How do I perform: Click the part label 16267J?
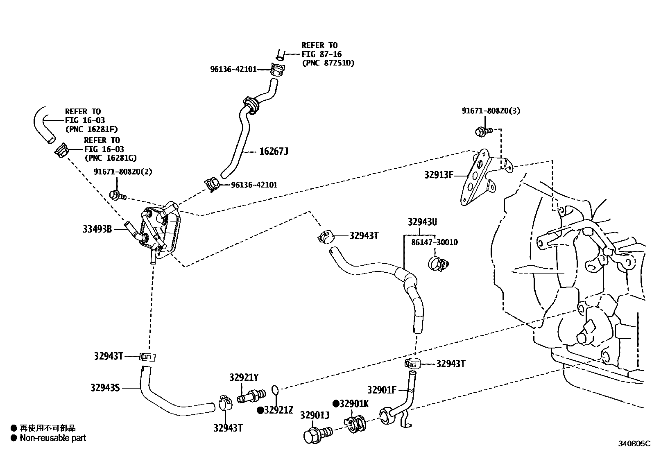(274, 152)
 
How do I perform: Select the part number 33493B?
(97, 229)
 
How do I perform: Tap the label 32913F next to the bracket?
(439, 175)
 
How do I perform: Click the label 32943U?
(422, 222)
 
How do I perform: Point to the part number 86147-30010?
(434, 242)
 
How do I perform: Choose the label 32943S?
(105, 387)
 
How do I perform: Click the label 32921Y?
(244, 378)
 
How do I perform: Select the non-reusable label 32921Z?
(278, 410)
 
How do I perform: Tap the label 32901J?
(315, 415)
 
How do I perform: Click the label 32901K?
(354, 404)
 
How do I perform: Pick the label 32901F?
(382, 390)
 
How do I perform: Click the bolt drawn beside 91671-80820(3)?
(482, 131)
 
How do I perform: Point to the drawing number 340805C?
(634, 443)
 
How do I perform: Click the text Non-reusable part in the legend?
(53, 438)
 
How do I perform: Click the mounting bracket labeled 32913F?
(477, 176)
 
